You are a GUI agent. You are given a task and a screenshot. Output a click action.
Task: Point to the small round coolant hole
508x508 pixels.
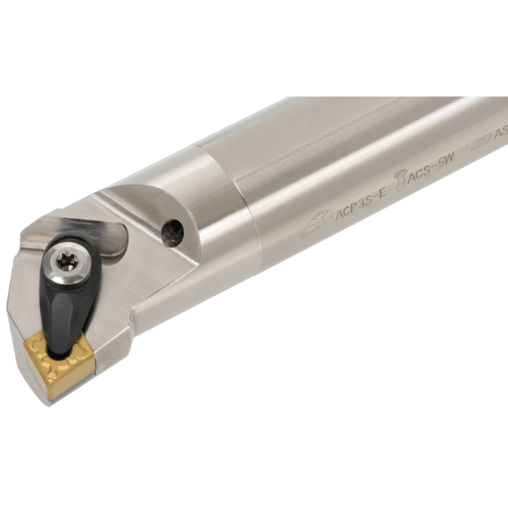pyautogui.click(x=173, y=233)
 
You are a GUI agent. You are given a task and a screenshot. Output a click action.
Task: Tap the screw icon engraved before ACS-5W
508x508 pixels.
pyautogui.click(x=399, y=183)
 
